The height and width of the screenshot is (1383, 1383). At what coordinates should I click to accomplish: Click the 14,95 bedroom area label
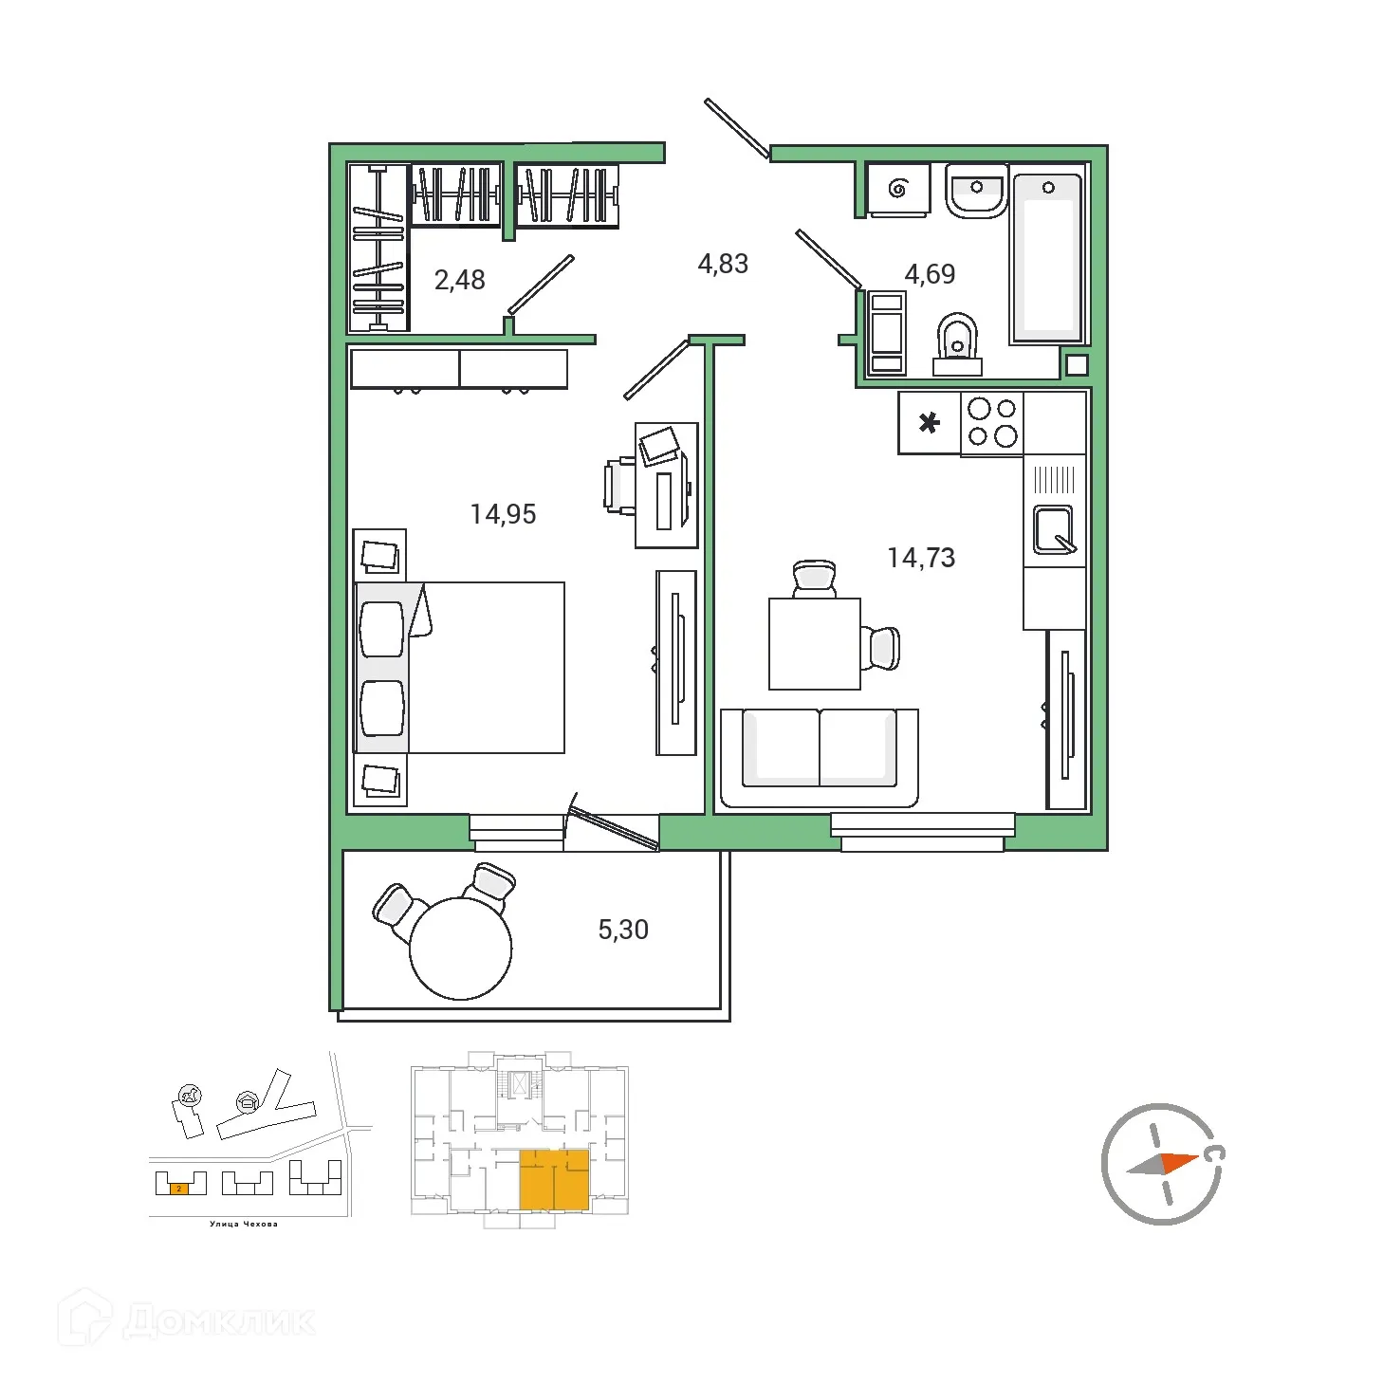click(503, 514)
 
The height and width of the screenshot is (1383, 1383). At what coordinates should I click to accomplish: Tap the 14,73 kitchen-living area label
click(921, 558)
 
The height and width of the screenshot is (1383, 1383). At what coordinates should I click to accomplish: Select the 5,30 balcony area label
click(623, 930)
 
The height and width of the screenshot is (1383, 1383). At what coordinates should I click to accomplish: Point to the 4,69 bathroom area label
click(930, 274)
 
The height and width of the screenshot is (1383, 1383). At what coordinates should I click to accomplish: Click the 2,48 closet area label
click(459, 280)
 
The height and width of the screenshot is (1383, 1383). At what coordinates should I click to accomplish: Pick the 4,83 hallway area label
click(723, 264)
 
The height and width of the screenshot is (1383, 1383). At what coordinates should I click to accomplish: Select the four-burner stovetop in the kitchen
click(992, 423)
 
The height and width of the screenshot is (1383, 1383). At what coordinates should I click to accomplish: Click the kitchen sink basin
click(1053, 529)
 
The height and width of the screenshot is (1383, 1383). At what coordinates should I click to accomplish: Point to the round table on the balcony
click(461, 949)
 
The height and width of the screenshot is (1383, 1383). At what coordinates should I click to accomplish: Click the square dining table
click(814, 643)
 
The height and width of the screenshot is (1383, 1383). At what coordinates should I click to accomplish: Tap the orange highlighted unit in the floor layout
click(554, 1179)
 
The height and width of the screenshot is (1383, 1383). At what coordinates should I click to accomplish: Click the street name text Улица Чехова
click(244, 1224)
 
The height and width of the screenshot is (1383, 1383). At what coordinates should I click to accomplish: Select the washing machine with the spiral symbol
click(897, 189)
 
